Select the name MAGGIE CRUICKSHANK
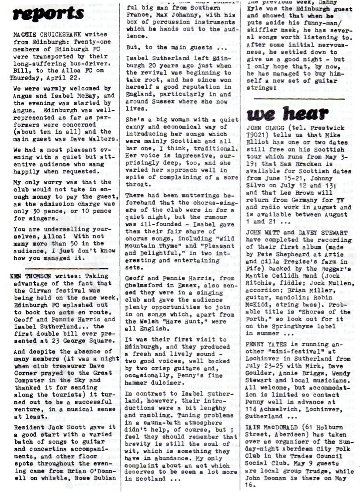click(43, 35)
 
